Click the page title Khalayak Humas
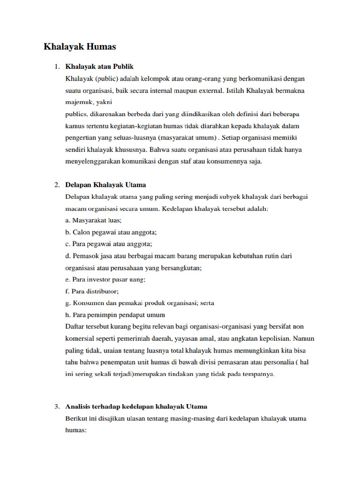click(x=80, y=47)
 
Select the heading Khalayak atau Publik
click(x=99, y=67)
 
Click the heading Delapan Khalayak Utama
click(x=105, y=185)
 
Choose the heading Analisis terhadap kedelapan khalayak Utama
click(x=136, y=406)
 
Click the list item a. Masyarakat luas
click(x=93, y=220)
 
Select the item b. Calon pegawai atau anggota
click(x=111, y=232)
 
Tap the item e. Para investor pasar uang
click(x=105, y=279)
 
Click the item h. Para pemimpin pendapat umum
click(x=115, y=315)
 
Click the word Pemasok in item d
click(x=85, y=255)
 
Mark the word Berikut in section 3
click(x=77, y=418)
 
